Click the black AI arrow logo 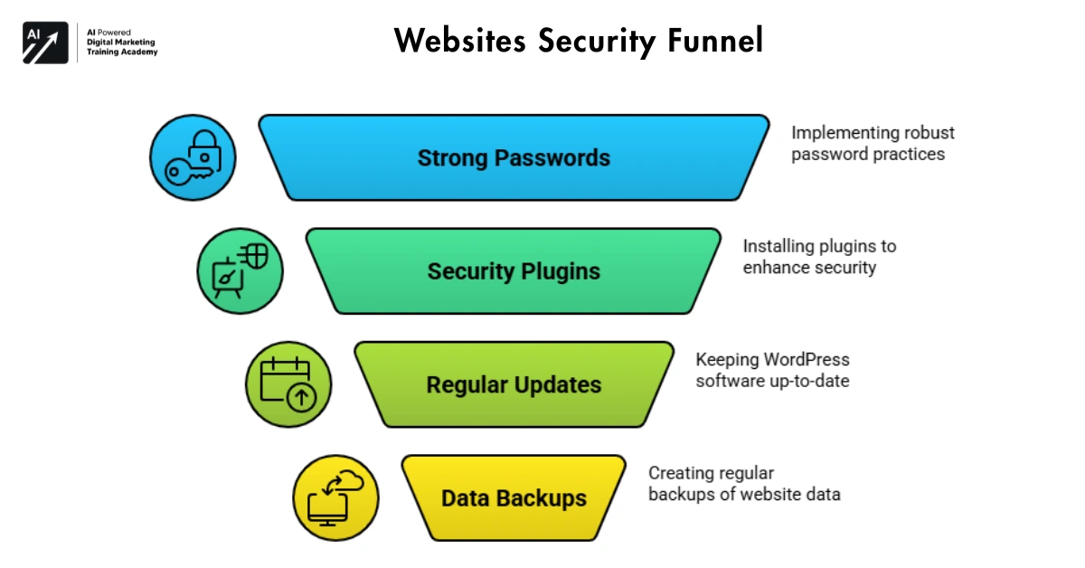[x=45, y=42]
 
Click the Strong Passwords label [x=514, y=158]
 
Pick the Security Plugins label [x=514, y=271]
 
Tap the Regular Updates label [x=514, y=384]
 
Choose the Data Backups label [x=514, y=497]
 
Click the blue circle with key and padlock [x=193, y=158]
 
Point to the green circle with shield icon [x=240, y=270]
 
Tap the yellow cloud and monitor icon [x=335, y=498]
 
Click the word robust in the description [x=928, y=133]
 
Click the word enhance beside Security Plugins [x=776, y=268]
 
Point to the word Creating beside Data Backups [x=680, y=473]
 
